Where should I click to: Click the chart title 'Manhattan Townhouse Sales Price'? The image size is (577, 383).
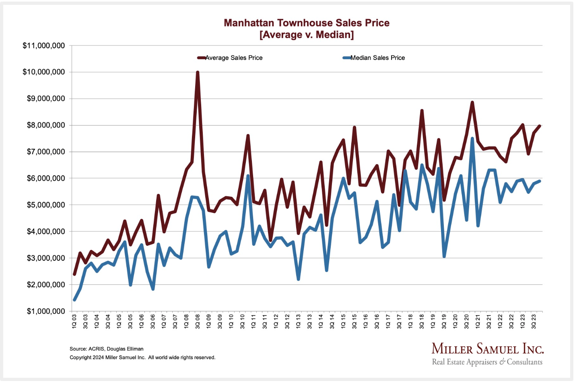307,23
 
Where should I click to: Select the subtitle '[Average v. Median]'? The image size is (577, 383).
307,35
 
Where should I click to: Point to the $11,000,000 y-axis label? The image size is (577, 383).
44,46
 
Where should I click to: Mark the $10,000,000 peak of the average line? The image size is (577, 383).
198,72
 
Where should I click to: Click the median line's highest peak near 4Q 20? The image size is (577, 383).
472,139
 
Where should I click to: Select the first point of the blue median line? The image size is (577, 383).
74,300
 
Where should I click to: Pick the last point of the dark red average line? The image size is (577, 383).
539,126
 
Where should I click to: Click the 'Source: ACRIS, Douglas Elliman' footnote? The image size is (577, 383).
107,349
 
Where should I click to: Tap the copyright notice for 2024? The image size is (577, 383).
142,357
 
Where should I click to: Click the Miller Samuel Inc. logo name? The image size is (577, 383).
487,349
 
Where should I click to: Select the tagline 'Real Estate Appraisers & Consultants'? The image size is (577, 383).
487,362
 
